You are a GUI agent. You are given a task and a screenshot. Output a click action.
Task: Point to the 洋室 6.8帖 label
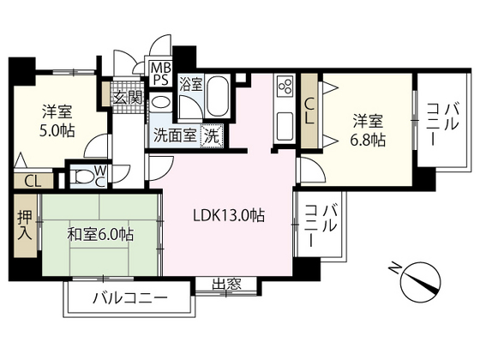click(368, 129)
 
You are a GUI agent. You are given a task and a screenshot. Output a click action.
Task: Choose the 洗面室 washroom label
click(174, 135)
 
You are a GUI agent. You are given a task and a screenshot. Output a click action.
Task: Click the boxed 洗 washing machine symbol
click(210, 135)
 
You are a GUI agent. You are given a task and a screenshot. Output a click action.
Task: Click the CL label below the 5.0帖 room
click(32, 181)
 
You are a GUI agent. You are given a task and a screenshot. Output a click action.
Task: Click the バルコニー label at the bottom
click(129, 300)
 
